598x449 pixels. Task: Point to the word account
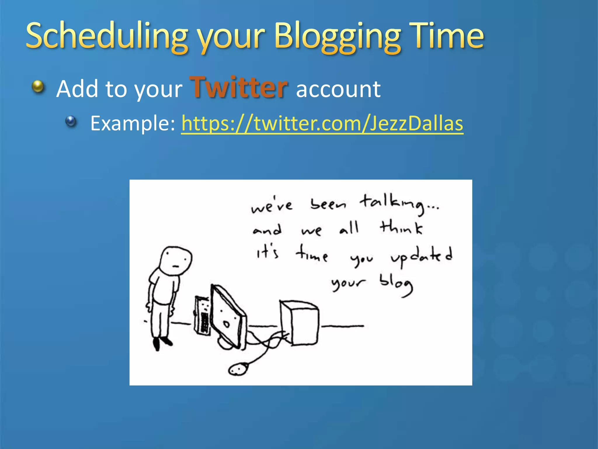coord(338,89)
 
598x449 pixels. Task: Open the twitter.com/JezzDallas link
coord(322,123)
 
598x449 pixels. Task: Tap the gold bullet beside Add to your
coord(38,87)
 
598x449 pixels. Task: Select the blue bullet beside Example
coord(71,121)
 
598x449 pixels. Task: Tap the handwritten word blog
coord(396,284)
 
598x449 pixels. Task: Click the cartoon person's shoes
coord(162,343)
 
